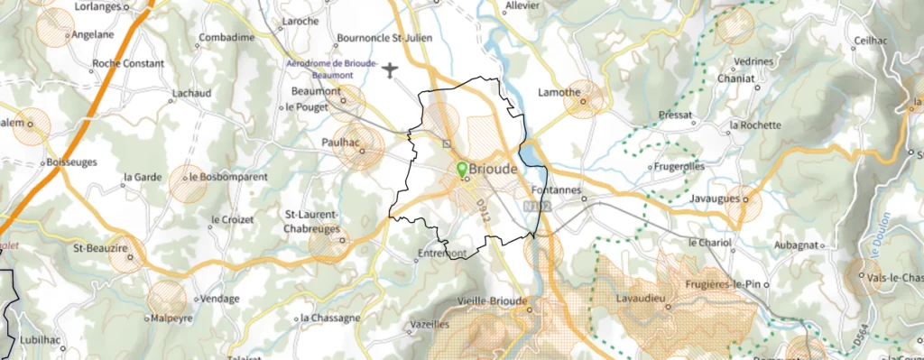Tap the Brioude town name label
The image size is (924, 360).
494,170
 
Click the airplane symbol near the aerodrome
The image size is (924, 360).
390,69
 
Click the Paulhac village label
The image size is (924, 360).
339,143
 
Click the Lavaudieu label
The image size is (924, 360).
640,297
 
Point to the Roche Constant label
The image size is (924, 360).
128,64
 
